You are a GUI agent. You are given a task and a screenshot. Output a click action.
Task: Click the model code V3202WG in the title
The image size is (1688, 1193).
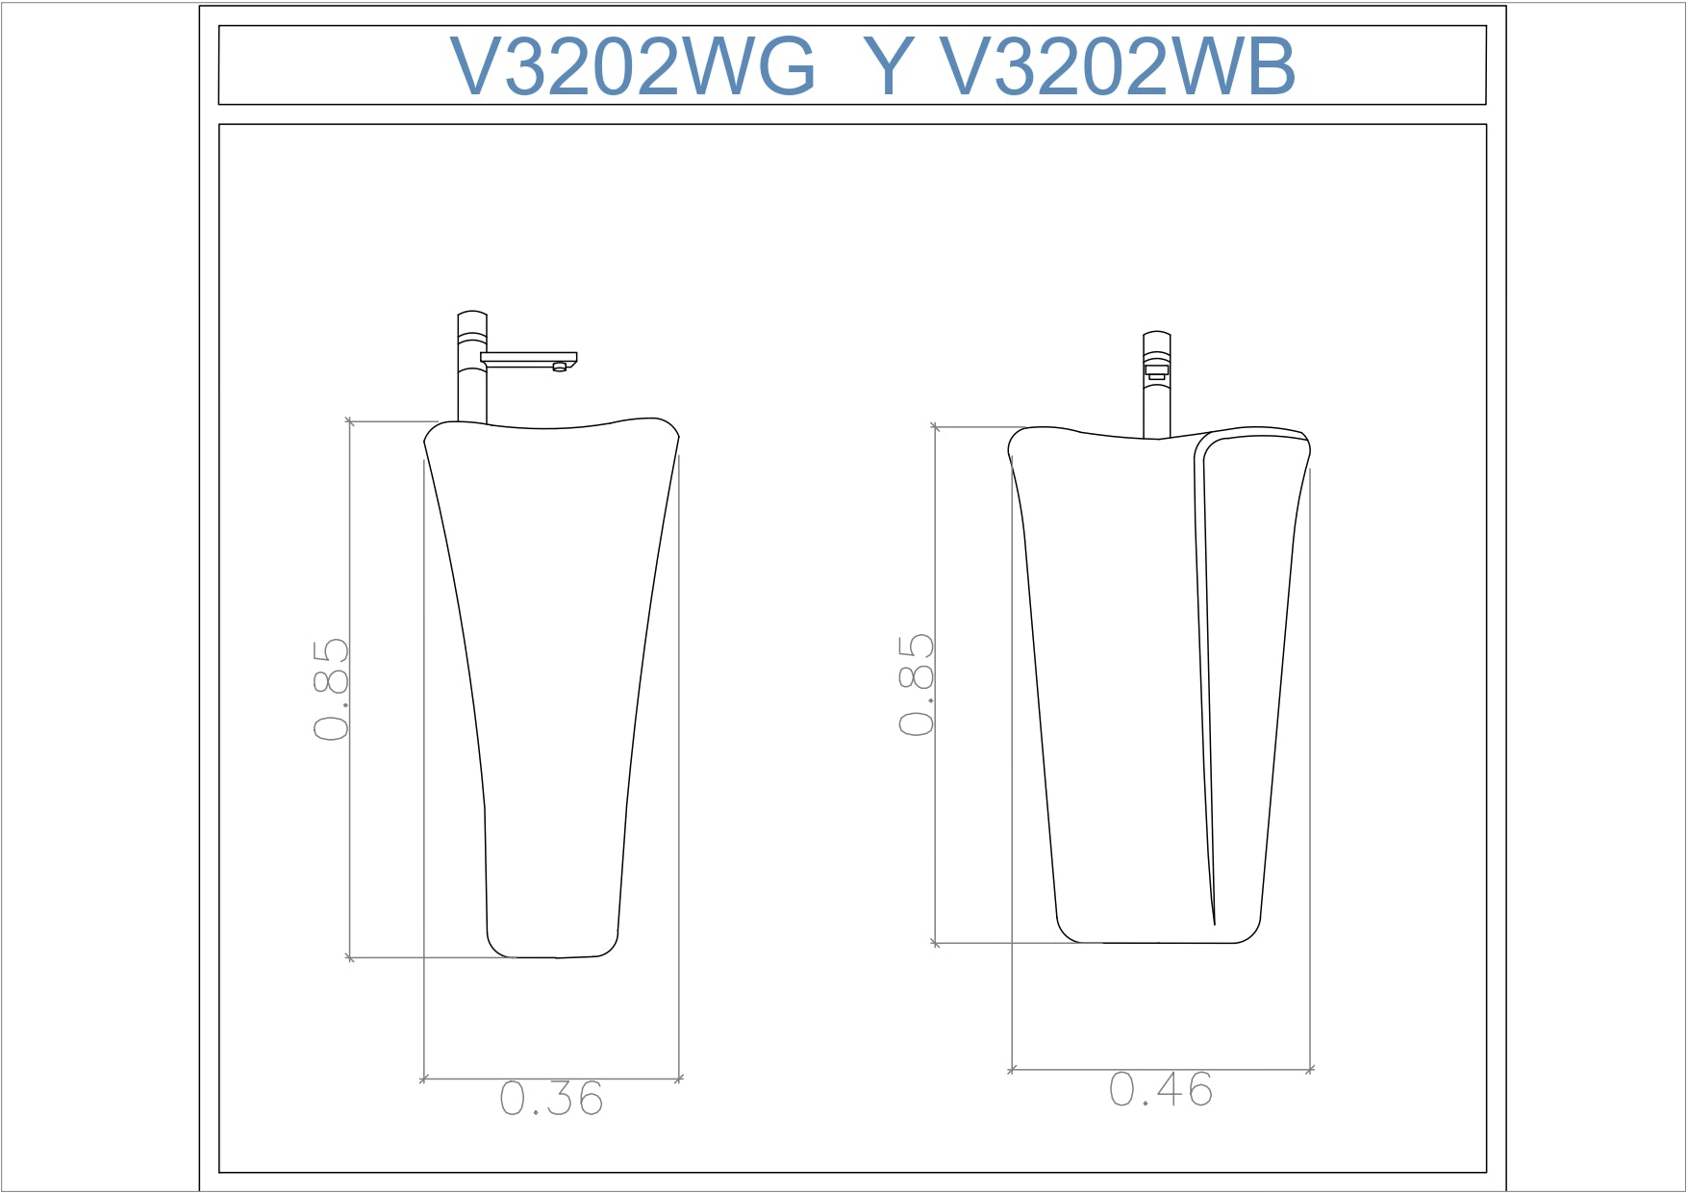[633, 67]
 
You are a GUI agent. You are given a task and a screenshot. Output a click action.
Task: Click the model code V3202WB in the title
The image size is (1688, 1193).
[1118, 67]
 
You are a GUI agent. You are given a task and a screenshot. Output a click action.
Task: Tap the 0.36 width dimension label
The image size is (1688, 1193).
[551, 1099]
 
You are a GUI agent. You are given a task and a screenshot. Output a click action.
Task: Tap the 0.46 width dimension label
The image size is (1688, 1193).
[1161, 1089]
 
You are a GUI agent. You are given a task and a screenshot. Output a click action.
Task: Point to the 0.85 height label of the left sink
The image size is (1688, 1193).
[331, 689]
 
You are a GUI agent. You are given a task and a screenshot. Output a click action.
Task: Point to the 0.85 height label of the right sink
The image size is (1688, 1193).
[917, 685]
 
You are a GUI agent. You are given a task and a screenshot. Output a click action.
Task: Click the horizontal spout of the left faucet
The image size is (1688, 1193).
[529, 359]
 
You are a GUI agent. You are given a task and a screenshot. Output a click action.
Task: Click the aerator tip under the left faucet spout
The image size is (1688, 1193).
[560, 367]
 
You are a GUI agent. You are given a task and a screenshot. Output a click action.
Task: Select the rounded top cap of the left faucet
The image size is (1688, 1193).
[472, 315]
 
